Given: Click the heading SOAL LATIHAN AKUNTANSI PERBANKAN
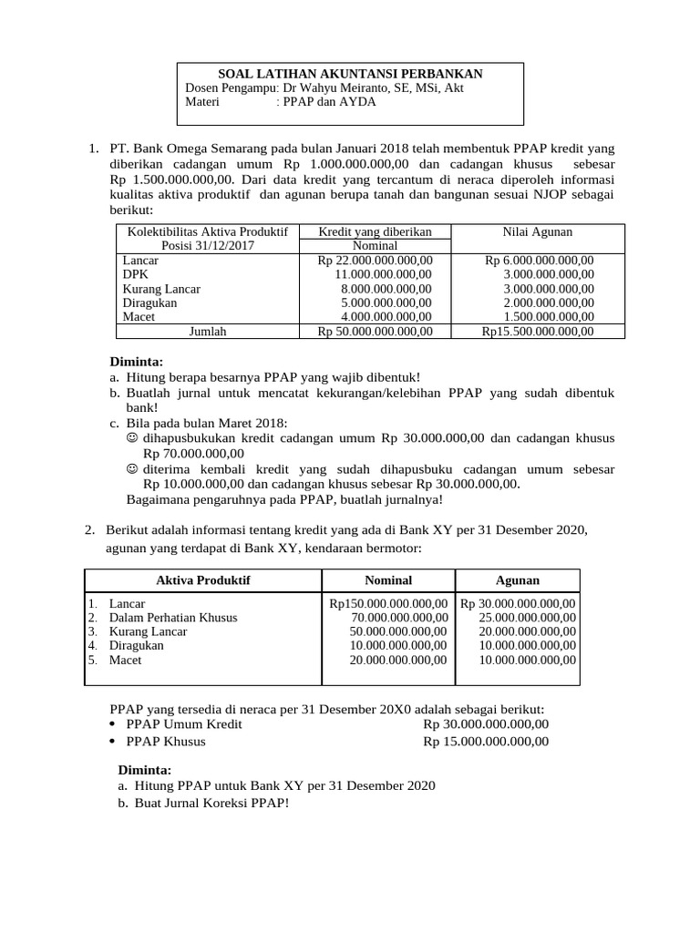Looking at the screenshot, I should click(351, 74).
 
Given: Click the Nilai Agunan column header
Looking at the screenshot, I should click(537, 232).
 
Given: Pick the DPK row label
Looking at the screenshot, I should click(135, 273).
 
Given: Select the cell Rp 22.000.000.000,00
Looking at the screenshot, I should click(375, 260).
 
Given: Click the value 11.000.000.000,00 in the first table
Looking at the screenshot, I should click(384, 273).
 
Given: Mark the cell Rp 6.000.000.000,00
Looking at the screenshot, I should click(539, 260).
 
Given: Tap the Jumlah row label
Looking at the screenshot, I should click(207, 332).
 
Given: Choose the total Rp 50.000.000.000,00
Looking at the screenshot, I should click(375, 332).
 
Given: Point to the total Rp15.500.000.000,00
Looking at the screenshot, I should click(537, 332).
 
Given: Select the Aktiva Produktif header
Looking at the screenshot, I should click(203, 580).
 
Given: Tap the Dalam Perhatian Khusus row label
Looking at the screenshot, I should click(173, 618).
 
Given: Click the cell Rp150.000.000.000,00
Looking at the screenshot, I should click(388, 603).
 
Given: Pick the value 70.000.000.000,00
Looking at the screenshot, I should click(399, 618).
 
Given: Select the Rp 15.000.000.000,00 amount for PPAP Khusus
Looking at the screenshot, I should click(486, 742).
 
